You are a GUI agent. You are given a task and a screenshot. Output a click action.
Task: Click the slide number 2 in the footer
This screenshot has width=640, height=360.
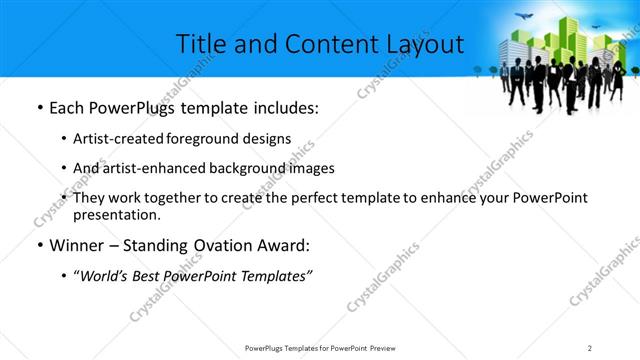590,347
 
